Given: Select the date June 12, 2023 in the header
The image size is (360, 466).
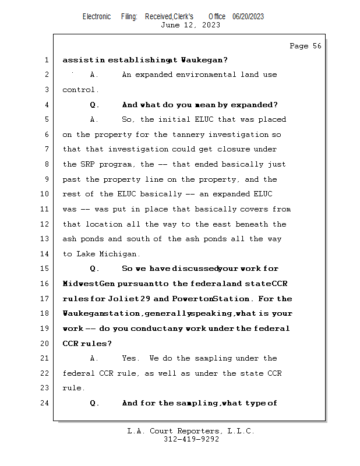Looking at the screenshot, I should point(190,25).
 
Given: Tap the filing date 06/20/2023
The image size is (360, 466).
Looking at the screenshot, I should point(248,16).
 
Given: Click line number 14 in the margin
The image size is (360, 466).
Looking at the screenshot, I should point(46,254).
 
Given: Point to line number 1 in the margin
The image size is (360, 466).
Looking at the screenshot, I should point(46,60).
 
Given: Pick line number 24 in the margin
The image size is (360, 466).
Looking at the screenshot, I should point(46,403).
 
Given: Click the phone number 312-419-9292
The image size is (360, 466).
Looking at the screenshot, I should point(190,440).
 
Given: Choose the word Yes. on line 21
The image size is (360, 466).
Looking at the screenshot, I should point(131,358).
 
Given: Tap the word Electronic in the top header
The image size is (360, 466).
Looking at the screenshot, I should point(97,16).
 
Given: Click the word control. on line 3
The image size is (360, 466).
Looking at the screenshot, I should point(80,90).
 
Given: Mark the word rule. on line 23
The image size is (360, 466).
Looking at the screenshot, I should point(73,388).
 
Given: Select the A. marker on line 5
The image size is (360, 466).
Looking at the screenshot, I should point(94,119).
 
